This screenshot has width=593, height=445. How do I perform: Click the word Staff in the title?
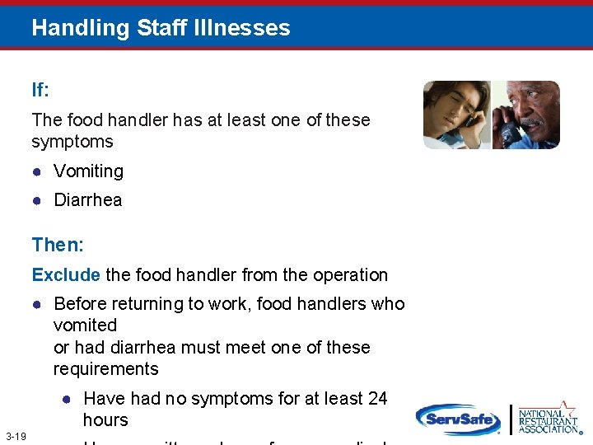(x=163, y=28)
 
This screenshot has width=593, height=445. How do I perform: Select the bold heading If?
(x=41, y=90)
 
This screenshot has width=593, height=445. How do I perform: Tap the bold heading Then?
(x=58, y=245)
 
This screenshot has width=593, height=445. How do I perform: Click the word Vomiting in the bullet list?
(x=88, y=171)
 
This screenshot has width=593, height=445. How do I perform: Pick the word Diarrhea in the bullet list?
(x=87, y=200)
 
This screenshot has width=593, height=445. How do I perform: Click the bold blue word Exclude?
(x=66, y=275)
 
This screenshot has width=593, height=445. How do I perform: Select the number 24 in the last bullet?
(x=377, y=399)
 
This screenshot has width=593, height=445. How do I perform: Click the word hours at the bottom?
(x=105, y=420)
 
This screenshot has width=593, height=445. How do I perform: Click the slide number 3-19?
(x=16, y=435)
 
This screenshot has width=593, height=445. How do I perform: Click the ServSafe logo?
(x=458, y=419)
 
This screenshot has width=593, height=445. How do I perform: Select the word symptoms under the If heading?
(x=72, y=142)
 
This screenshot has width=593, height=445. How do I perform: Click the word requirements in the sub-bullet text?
(x=105, y=369)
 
